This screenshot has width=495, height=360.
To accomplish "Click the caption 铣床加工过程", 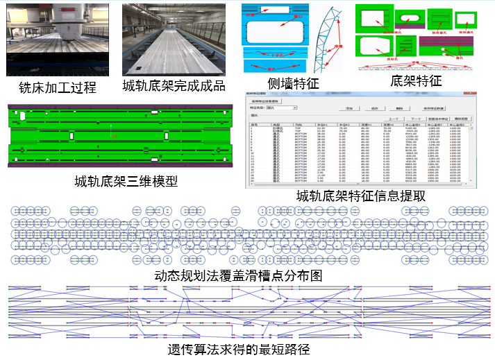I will (58, 88).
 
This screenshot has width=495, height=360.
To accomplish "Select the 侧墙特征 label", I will (293, 83).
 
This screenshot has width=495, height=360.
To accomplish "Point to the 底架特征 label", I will (416, 80).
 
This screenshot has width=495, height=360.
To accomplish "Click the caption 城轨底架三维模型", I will (126, 182).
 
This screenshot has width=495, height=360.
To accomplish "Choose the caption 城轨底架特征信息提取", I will (360, 196).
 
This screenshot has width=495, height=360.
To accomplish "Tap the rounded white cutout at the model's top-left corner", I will (23, 116).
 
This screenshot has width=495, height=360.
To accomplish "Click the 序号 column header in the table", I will (254, 125).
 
